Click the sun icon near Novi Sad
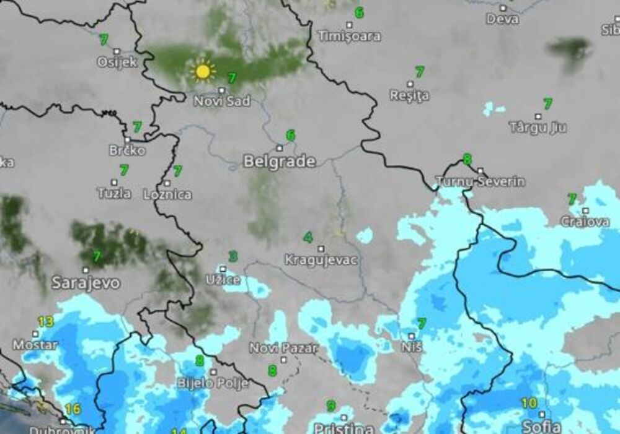point(202,71)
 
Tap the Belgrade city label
point(279,162)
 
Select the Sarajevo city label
point(86,284)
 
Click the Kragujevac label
point(321,259)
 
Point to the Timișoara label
point(349,36)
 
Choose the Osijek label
point(117,62)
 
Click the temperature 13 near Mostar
point(45,321)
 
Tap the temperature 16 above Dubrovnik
point(73,409)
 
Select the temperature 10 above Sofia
point(529,403)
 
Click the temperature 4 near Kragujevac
point(308,237)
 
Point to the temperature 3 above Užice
point(232,256)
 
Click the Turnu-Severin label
point(480,181)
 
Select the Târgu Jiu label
point(538,128)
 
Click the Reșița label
point(409,95)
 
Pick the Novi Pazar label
point(283,347)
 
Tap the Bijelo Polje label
point(213,383)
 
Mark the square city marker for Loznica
point(167,183)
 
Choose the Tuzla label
point(114,193)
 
